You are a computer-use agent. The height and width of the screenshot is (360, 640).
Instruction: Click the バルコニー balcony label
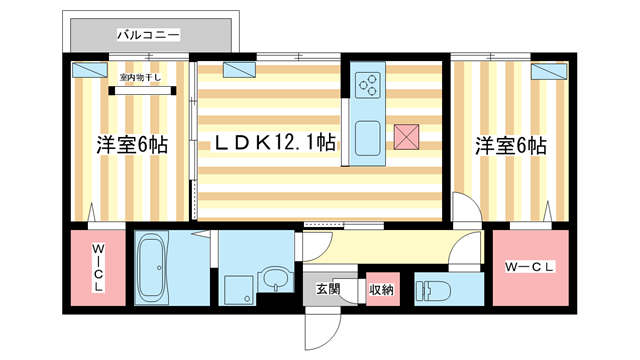tap(148, 35)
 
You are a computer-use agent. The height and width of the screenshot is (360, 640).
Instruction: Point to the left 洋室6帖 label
tap(131, 144)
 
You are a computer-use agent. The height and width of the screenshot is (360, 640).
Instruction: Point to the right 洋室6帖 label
tap(510, 144)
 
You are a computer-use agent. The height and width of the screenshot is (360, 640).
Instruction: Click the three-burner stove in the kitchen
tap(367, 84)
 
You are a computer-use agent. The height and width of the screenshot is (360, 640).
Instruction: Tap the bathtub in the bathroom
tap(153, 267)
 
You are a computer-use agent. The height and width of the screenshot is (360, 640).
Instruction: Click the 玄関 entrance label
tap(328, 289)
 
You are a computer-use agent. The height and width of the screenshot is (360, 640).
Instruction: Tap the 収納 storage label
tap(381, 289)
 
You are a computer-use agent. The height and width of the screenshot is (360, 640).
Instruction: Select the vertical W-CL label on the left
tap(98, 267)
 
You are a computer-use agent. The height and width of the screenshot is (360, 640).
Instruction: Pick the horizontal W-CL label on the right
tap(531, 266)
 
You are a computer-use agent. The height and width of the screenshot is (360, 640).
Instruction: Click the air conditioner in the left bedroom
tap(91, 71)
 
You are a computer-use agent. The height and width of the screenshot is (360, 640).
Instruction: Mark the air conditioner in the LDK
tap(238, 70)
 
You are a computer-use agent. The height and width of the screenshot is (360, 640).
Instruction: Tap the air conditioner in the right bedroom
tap(548, 71)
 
